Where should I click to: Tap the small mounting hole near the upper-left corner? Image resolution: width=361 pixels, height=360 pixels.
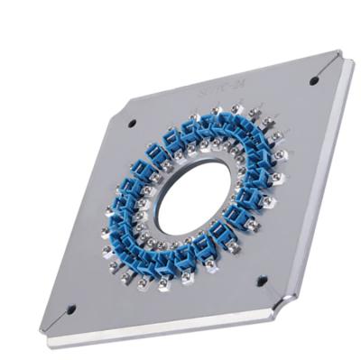[x=132, y=123]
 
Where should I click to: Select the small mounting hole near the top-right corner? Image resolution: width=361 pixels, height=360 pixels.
[x=313, y=81]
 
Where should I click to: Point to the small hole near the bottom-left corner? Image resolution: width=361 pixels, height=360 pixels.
[x=72, y=308]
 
